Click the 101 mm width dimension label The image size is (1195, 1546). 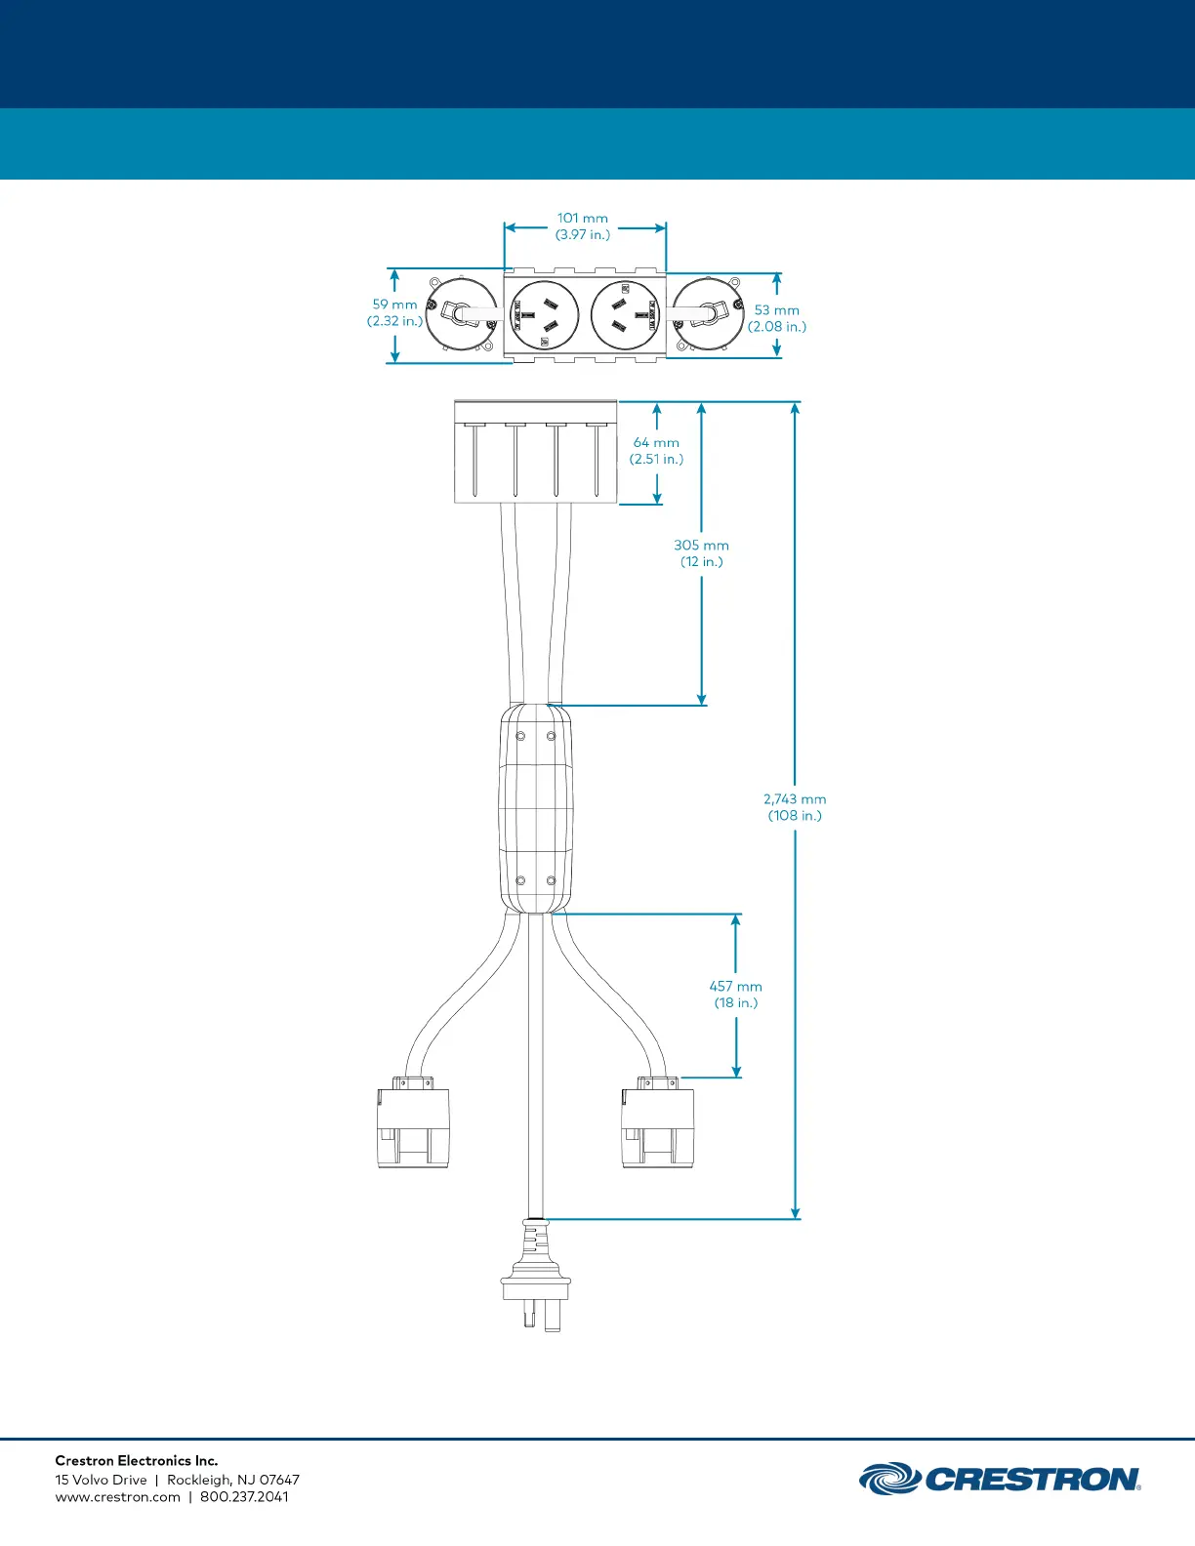[x=582, y=226]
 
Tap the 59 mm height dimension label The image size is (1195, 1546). [x=395, y=312]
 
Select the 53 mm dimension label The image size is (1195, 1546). [x=776, y=318]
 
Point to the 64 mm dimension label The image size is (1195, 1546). [x=656, y=450]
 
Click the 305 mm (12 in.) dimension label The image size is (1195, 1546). [x=701, y=552]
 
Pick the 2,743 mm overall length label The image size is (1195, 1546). [x=795, y=807]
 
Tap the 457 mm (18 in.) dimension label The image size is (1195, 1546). [x=735, y=994]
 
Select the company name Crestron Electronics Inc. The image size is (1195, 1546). [x=137, y=1460]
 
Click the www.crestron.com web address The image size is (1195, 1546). [x=118, y=1496]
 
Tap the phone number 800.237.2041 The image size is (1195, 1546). [x=244, y=1496]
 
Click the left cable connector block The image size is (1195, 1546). [x=413, y=1122]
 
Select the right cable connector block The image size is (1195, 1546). [x=657, y=1122]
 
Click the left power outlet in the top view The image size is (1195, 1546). [x=545, y=315]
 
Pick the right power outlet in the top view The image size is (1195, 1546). [x=626, y=315]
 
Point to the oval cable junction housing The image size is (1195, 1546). [x=535, y=808]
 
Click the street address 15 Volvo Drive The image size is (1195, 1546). [x=102, y=1479]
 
